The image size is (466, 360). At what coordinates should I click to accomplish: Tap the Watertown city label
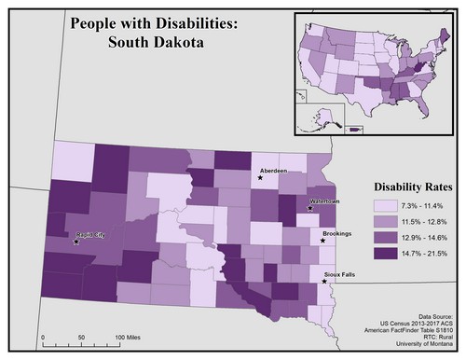click(323, 201)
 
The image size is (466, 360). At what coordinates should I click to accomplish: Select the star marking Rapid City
click(76, 242)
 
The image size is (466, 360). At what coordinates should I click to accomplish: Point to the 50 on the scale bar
click(80, 336)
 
